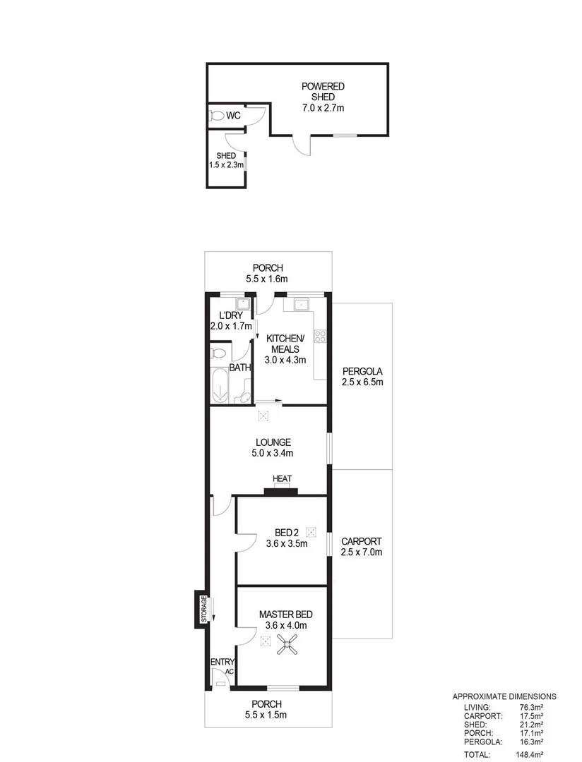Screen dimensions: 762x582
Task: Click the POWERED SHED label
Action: pyautogui.click(x=323, y=92)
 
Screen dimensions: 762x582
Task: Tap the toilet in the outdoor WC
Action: pyautogui.click(x=218, y=116)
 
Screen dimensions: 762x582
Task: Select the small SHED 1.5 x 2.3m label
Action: pyautogui.click(x=226, y=160)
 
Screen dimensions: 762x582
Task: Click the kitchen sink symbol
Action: pyautogui.click(x=302, y=305)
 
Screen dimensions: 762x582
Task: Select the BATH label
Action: pyautogui.click(x=240, y=368)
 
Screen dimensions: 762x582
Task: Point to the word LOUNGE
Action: pyautogui.click(x=273, y=442)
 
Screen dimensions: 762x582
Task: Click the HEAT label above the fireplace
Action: pyautogui.click(x=282, y=479)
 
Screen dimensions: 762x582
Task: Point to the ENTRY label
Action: pyautogui.click(x=222, y=662)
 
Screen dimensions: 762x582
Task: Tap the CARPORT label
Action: pyautogui.click(x=362, y=541)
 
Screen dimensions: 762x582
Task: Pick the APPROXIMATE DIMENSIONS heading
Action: pyautogui.click(x=504, y=696)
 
